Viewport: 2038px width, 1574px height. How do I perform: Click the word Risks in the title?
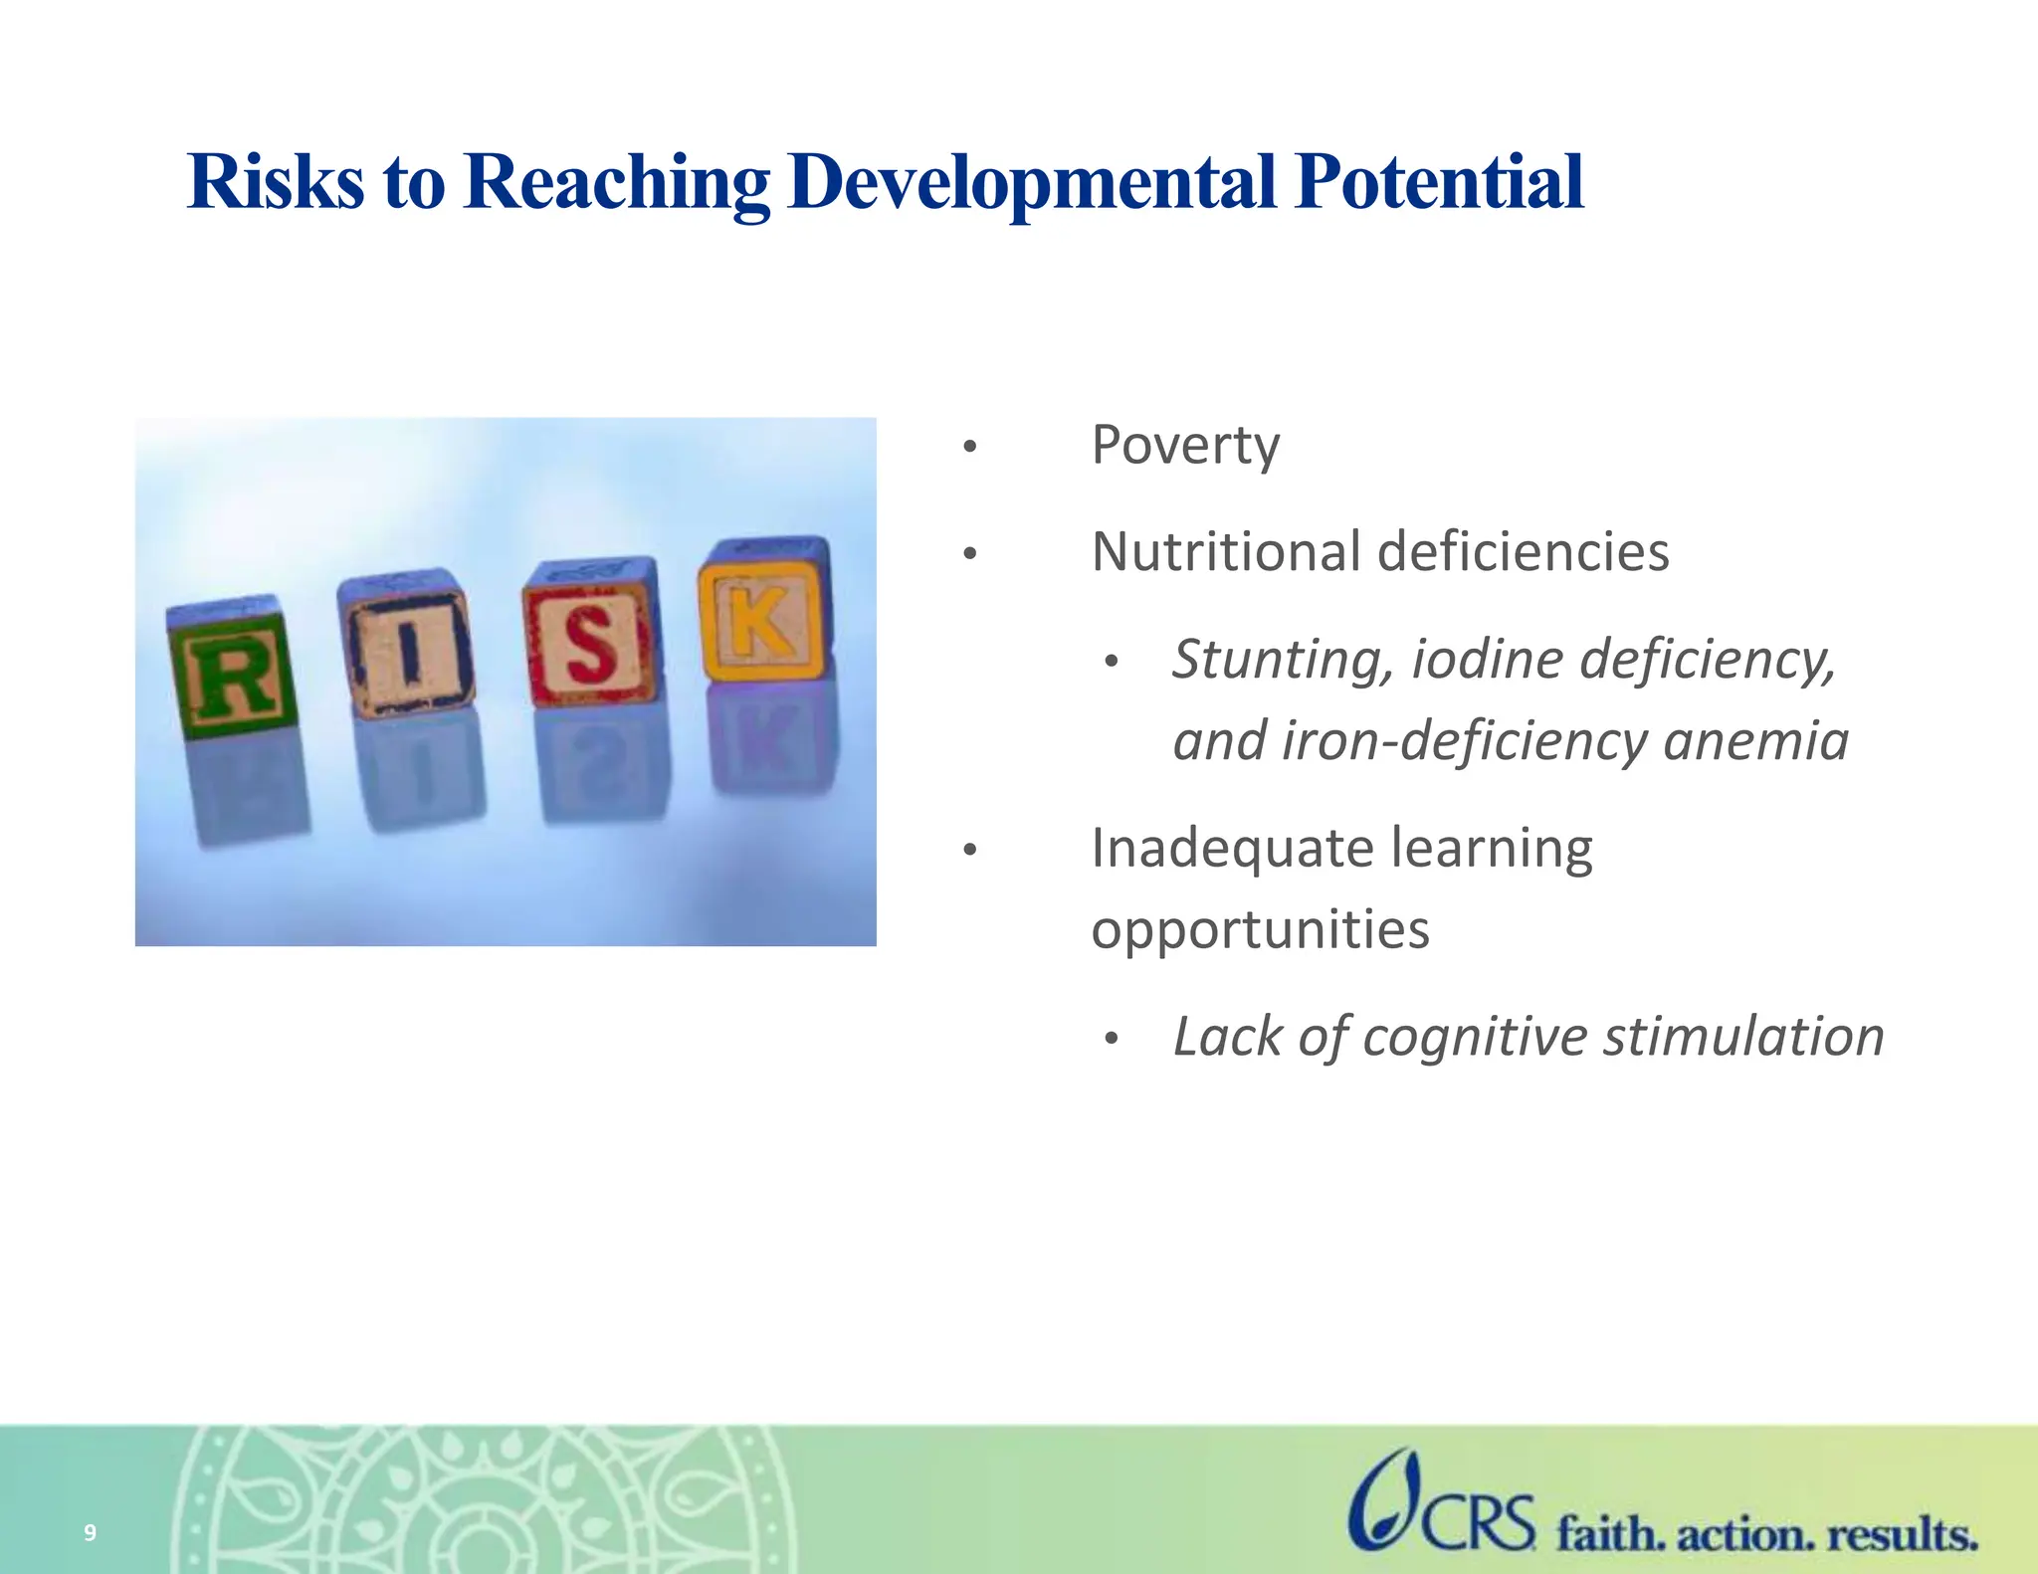276,182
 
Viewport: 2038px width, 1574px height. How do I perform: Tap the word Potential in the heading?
1438,182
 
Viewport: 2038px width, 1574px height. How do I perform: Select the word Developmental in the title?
1031,182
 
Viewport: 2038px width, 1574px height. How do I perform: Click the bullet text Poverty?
1184,445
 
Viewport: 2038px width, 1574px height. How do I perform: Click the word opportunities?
1260,929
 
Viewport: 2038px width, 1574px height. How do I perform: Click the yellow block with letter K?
763,614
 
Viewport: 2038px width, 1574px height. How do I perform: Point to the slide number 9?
90,1532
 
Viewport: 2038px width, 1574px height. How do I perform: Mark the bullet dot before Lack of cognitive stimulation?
1112,1040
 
